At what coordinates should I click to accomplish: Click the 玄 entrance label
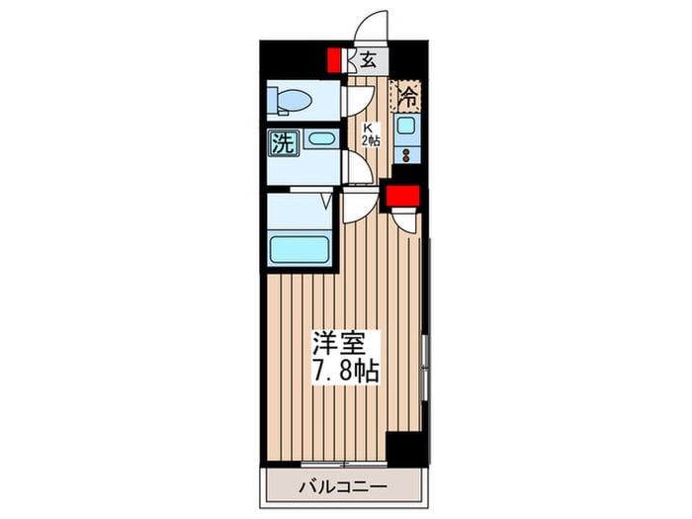[x=369, y=60]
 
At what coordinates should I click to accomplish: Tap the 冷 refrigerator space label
[x=407, y=97]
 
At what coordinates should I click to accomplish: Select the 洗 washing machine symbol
[x=283, y=143]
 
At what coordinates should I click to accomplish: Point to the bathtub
[x=300, y=250]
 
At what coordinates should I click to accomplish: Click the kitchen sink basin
[x=404, y=125]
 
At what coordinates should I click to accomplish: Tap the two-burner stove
[x=406, y=154]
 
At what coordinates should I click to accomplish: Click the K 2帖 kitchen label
[x=370, y=134]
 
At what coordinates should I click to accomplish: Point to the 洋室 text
[x=339, y=343]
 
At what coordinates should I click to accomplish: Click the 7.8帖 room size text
[x=346, y=371]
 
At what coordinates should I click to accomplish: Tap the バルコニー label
[x=343, y=487]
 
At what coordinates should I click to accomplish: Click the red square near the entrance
[x=334, y=60]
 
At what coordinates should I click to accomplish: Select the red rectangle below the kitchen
[x=402, y=196]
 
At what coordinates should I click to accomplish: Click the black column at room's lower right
[x=406, y=447]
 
